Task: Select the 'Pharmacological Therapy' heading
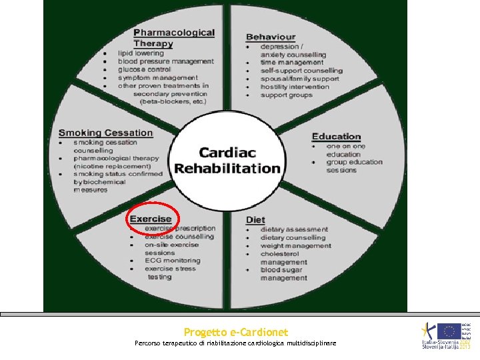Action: (x=173, y=38)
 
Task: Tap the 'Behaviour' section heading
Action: (x=271, y=37)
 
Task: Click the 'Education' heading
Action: (x=336, y=137)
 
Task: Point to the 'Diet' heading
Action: (x=255, y=220)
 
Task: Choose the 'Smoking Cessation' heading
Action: (x=105, y=133)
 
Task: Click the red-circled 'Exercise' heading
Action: (x=151, y=219)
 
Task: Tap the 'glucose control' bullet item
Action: (x=144, y=69)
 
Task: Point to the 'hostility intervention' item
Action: (x=295, y=87)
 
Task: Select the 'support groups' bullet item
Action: (x=286, y=95)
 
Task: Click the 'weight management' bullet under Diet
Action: (x=295, y=245)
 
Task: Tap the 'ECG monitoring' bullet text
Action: (x=172, y=261)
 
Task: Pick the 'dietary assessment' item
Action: (x=294, y=229)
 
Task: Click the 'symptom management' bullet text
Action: (x=157, y=77)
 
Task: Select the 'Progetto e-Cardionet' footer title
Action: (x=236, y=332)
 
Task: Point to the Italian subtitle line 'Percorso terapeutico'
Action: (x=235, y=343)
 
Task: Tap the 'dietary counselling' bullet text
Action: (x=293, y=237)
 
